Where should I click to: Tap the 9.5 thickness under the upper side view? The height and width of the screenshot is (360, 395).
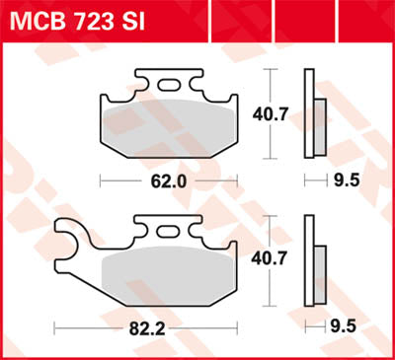(x=345, y=180)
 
